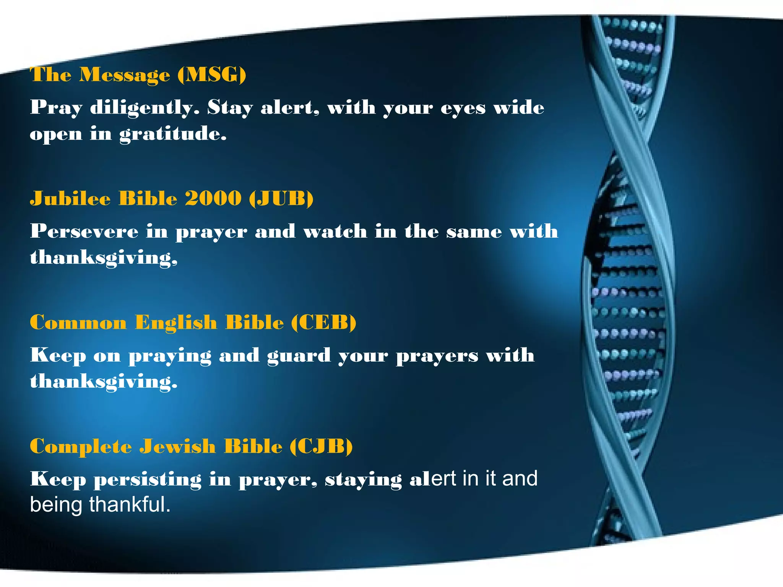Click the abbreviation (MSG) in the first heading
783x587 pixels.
(x=212, y=75)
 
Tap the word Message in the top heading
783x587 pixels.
(x=124, y=75)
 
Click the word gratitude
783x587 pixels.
(x=173, y=134)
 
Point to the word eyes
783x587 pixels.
(x=463, y=108)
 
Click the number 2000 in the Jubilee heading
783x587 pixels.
(x=213, y=198)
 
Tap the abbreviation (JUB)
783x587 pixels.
(x=281, y=198)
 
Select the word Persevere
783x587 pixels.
(x=84, y=231)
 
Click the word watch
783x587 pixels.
(x=335, y=231)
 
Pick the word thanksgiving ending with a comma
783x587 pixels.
(x=104, y=258)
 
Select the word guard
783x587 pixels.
(x=299, y=355)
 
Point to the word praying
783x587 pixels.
(x=170, y=356)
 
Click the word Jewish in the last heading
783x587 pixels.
(x=177, y=446)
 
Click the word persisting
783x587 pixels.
(x=148, y=479)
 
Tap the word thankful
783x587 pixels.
(x=130, y=504)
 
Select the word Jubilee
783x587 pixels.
(x=70, y=198)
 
